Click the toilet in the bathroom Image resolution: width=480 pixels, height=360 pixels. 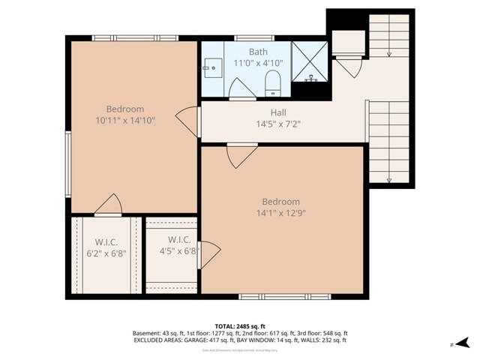point(273,85)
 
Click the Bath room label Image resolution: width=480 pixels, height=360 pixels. point(258,52)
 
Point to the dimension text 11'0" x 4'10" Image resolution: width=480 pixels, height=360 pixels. point(258,64)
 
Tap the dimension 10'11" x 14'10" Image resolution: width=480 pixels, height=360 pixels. point(124,119)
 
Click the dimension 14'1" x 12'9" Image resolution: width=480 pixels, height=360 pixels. point(280,213)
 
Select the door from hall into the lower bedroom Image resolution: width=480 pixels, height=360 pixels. point(241,155)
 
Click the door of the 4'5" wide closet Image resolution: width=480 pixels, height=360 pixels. point(208,254)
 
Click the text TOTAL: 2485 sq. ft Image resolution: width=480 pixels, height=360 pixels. point(240,325)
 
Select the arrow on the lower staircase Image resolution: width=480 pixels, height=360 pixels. point(388,179)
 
